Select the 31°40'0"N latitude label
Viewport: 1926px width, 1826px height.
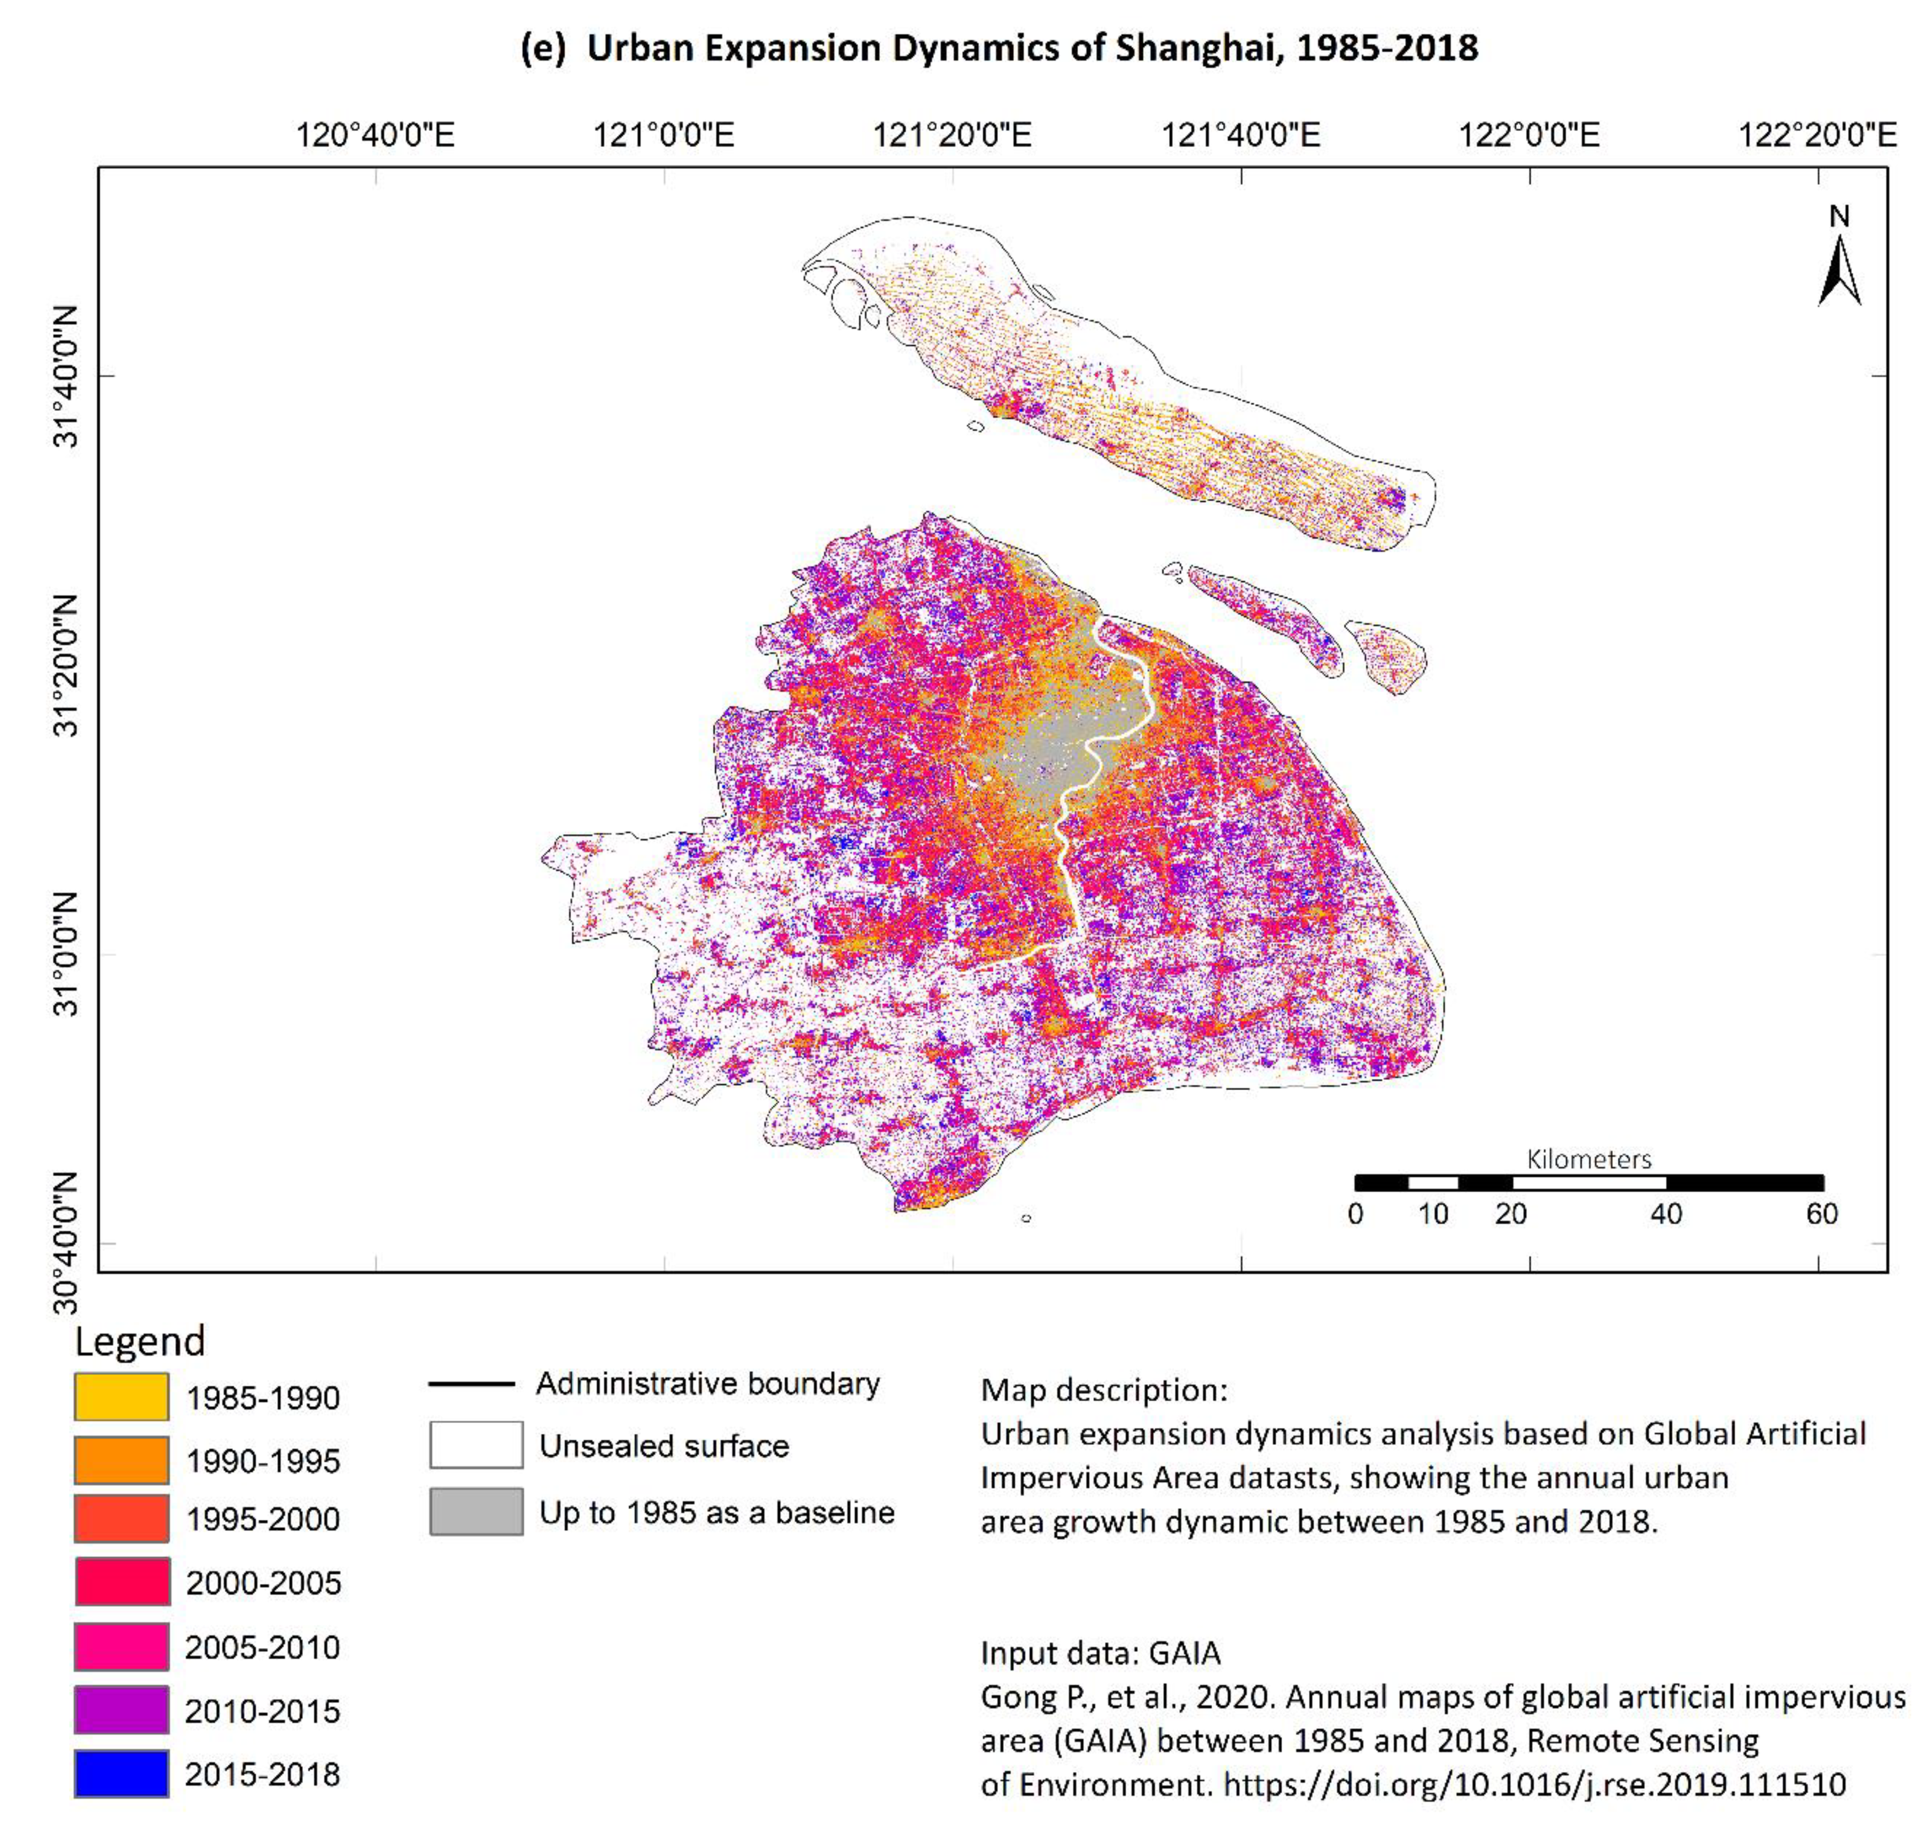[x=66, y=376]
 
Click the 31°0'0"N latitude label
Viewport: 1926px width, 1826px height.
[x=66, y=954]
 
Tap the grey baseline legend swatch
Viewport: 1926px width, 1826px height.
[x=476, y=1512]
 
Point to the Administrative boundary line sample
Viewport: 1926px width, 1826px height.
[x=472, y=1383]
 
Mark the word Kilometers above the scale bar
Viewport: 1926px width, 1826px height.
[x=1588, y=1159]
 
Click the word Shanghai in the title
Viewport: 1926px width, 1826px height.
[x=1195, y=48]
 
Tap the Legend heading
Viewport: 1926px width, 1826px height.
[x=140, y=1341]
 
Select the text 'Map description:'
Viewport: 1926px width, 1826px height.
[x=1104, y=1390]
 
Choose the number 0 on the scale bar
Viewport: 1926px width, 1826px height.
[x=1355, y=1214]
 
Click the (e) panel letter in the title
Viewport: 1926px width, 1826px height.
[x=542, y=48]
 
